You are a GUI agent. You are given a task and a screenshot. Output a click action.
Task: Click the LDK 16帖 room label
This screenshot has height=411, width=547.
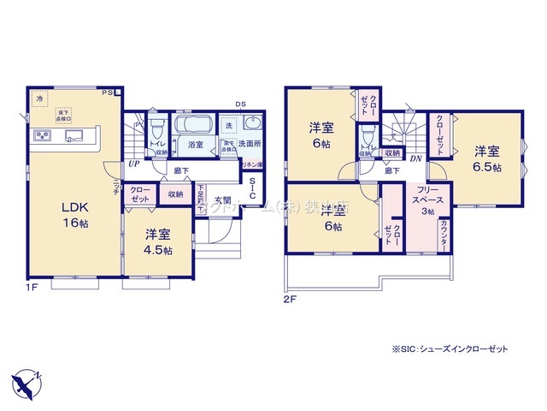coord(72,215)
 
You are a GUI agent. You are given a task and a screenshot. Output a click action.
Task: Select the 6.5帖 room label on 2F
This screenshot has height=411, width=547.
coord(488,159)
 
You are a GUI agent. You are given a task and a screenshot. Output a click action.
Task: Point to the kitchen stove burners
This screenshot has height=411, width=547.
coord(43,136)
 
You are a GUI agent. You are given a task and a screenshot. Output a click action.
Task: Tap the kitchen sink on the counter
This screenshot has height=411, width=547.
coord(74,135)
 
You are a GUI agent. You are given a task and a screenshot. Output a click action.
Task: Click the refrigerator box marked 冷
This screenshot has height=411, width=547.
coord(40,99)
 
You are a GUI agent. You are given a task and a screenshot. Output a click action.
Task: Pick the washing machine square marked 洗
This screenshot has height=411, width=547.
coord(228,126)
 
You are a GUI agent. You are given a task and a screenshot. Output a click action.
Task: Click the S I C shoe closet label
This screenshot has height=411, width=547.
coord(254,188)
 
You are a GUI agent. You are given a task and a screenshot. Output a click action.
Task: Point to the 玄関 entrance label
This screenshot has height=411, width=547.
coord(222,200)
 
